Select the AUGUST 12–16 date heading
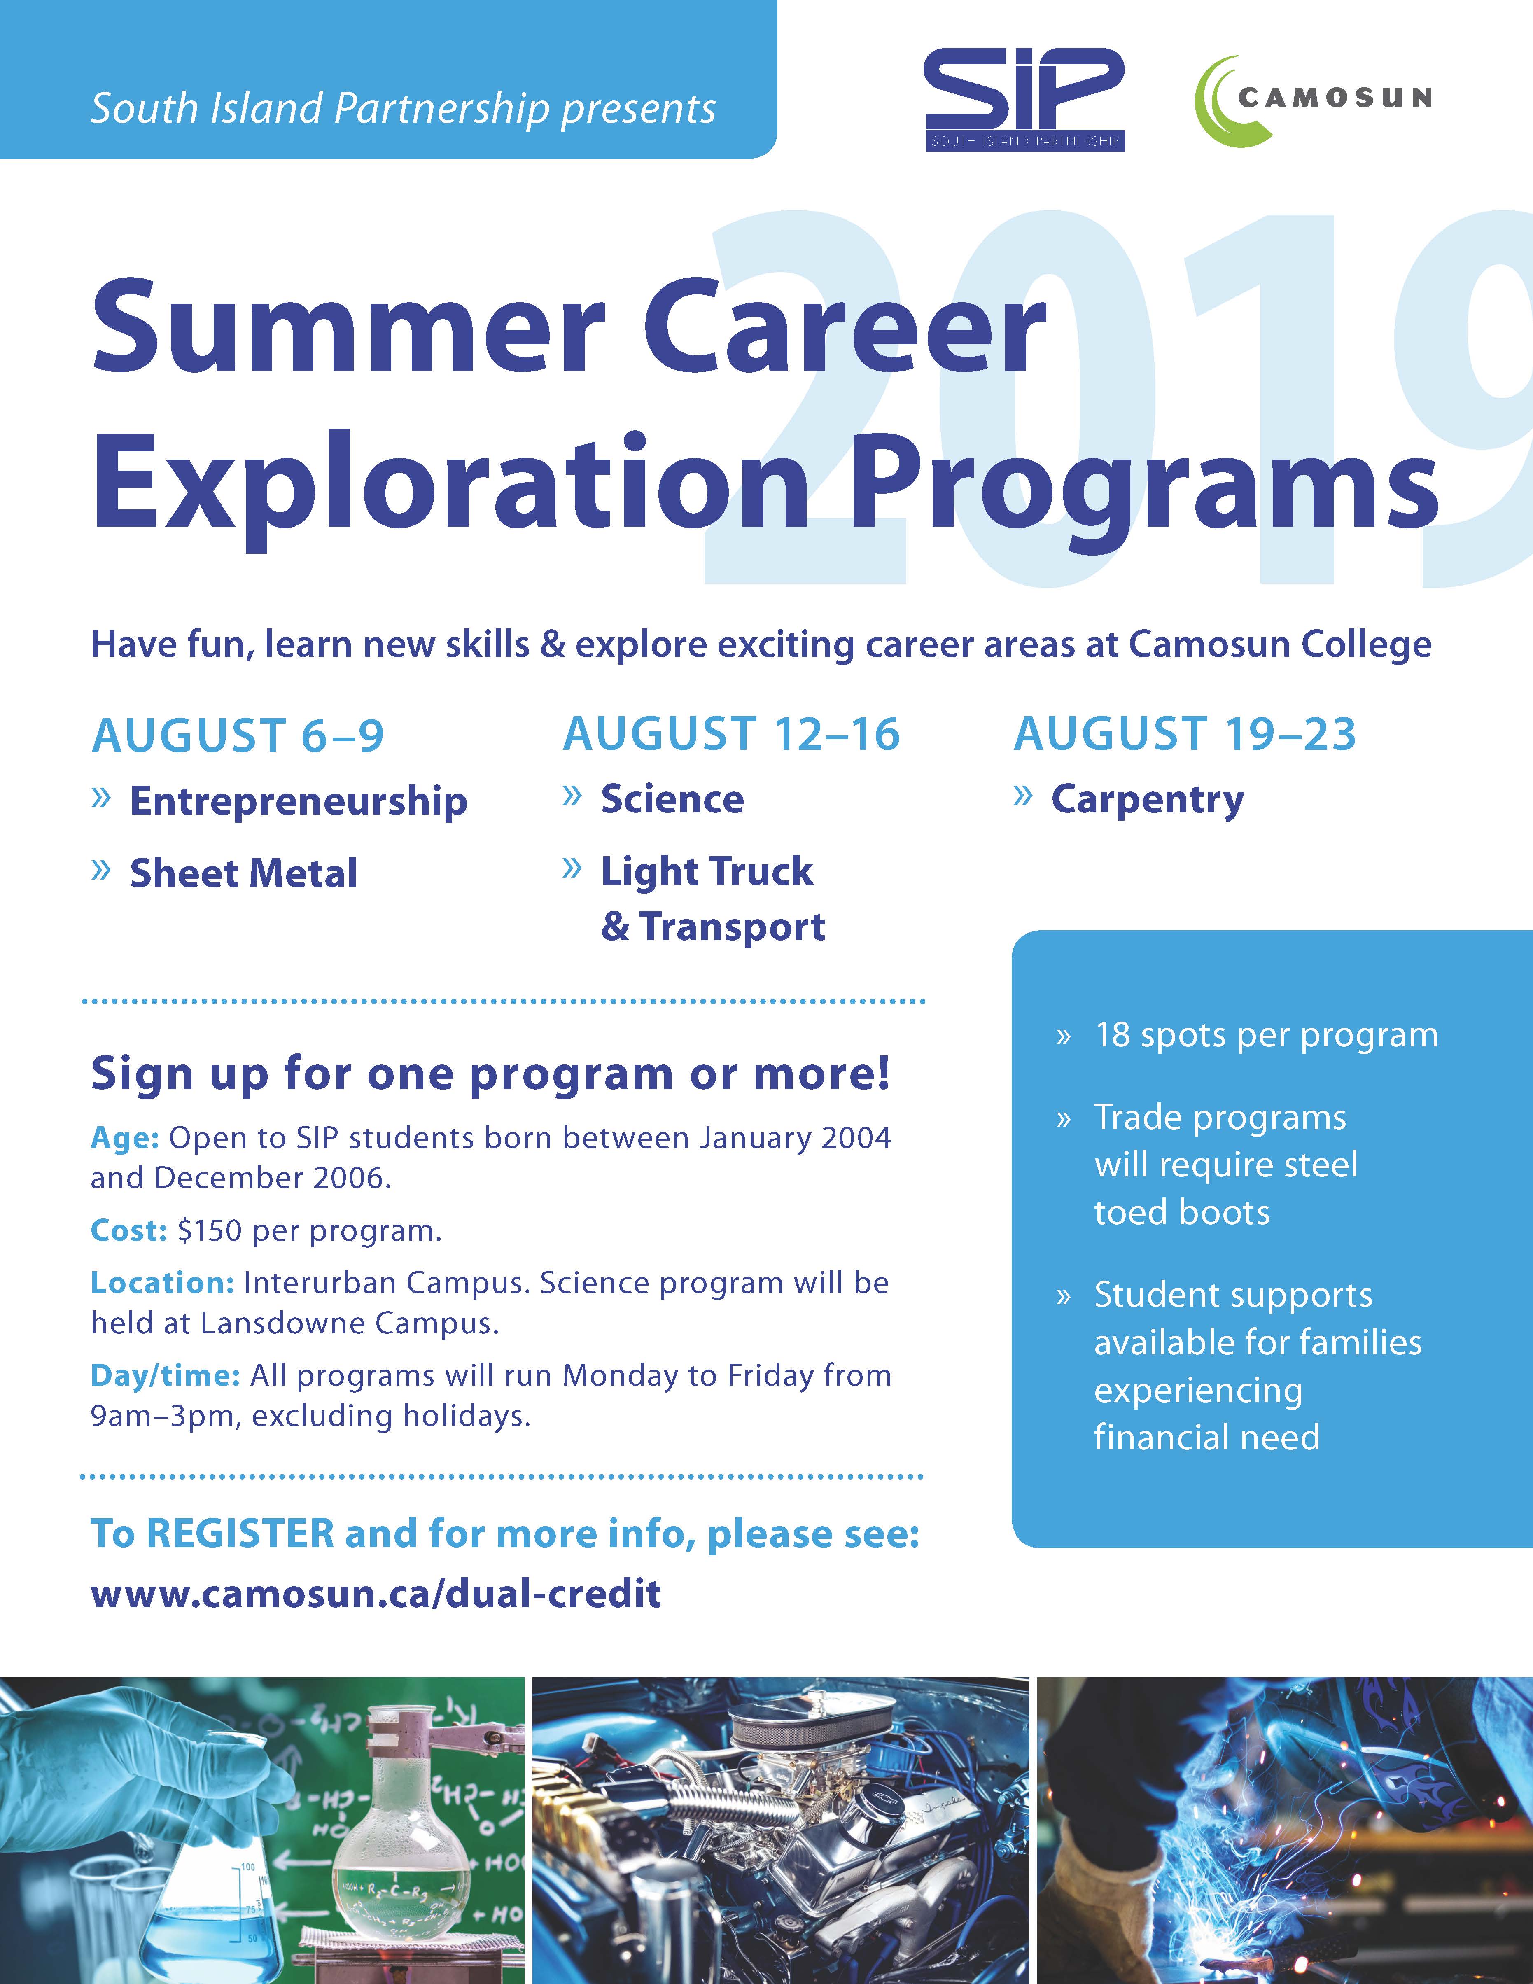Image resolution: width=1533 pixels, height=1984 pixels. (731, 734)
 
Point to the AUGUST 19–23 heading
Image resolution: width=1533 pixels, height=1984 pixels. (1185, 734)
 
